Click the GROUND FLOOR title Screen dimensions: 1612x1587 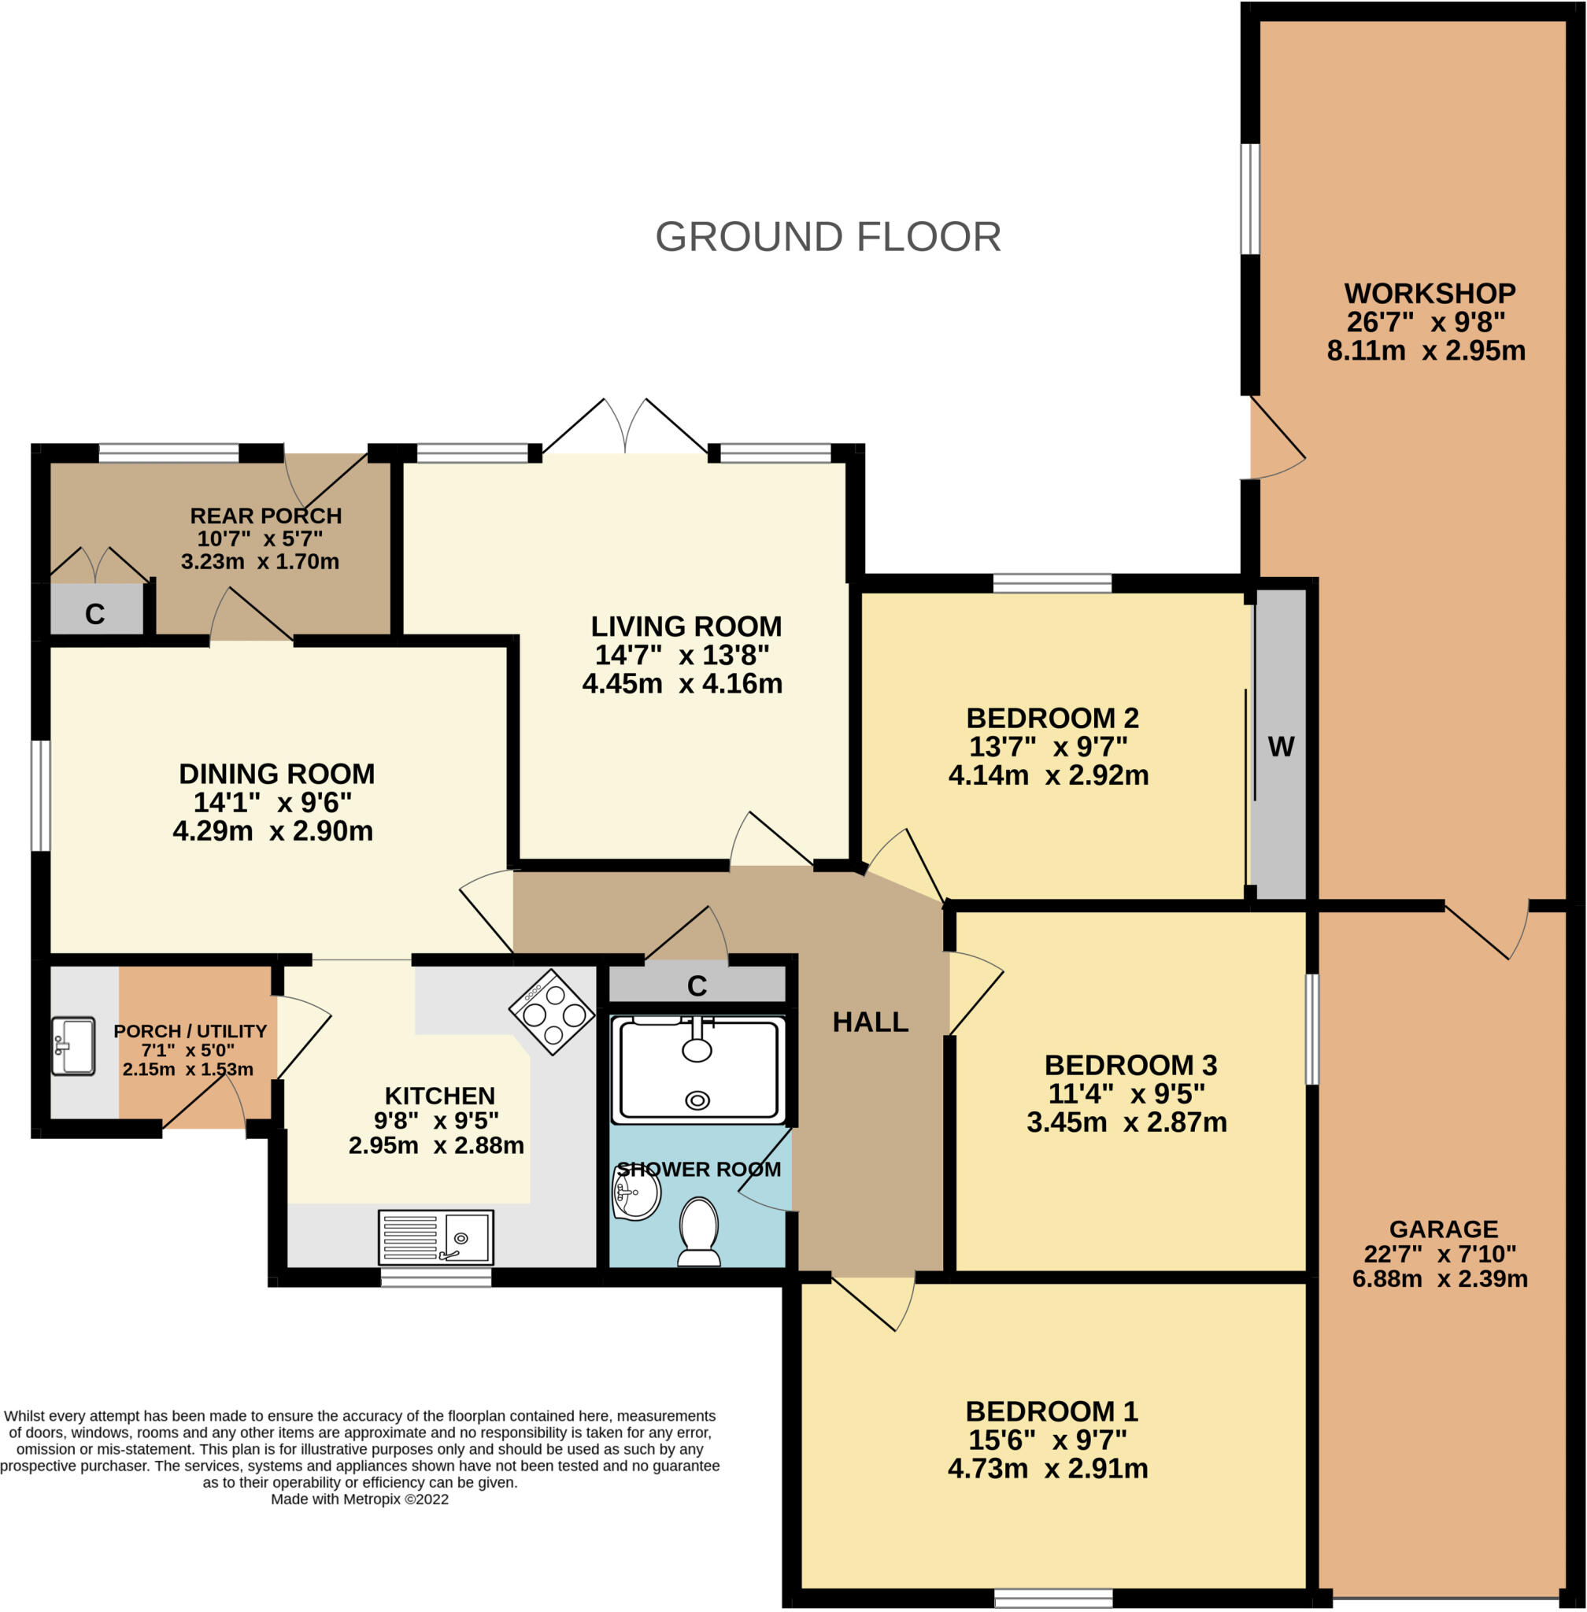(x=827, y=237)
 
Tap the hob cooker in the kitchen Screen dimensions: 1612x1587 (x=552, y=1012)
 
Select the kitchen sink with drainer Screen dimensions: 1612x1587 (x=435, y=1237)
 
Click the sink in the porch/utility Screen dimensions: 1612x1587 (x=72, y=1046)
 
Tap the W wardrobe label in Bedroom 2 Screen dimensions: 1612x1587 (x=1280, y=747)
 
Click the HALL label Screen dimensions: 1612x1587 (x=870, y=1022)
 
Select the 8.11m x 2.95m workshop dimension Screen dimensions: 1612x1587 (x=1426, y=351)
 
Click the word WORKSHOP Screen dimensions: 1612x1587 (x=1430, y=294)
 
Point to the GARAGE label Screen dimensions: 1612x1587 (x=1444, y=1229)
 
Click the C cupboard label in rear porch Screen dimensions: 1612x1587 (x=95, y=614)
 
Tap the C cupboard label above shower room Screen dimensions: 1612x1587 (x=697, y=986)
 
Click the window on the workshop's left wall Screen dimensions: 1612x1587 (x=1249, y=199)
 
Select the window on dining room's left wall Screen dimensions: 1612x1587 (x=40, y=795)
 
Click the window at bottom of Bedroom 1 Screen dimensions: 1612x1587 (x=1052, y=1597)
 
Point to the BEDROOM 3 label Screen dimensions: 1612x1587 (x=1130, y=1064)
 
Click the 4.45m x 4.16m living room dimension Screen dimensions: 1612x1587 (x=682, y=683)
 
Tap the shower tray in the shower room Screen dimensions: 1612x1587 (x=697, y=1070)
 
